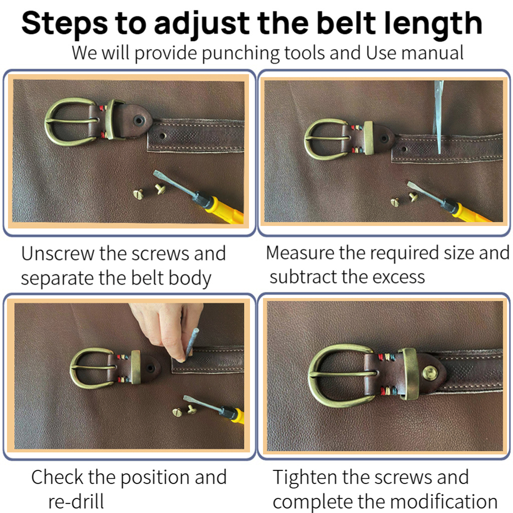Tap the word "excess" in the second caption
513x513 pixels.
[398, 277]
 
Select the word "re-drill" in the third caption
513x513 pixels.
[76, 501]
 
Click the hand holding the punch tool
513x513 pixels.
[167, 330]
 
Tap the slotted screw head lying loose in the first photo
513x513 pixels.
[138, 194]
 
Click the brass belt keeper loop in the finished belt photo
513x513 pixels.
[410, 374]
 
